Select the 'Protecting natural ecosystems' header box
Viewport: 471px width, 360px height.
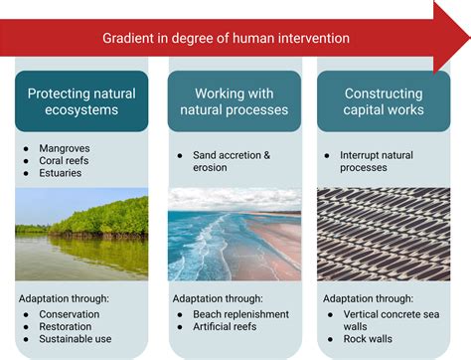click(x=81, y=102)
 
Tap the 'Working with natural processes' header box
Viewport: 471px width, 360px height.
click(x=234, y=102)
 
